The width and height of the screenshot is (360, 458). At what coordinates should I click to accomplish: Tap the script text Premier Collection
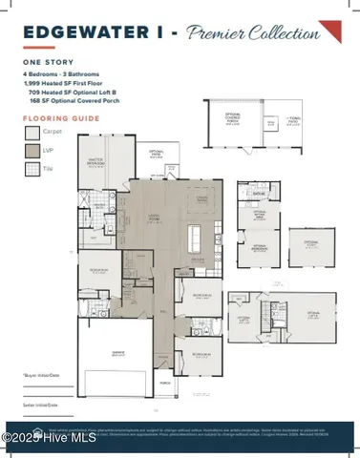pyautogui.click(x=254, y=34)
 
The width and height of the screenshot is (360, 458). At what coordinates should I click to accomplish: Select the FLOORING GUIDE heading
pyautogui.click(x=59, y=117)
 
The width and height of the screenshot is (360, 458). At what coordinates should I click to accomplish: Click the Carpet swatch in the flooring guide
pyautogui.click(x=31, y=134)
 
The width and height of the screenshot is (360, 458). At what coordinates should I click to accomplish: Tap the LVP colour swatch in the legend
pyautogui.click(x=31, y=151)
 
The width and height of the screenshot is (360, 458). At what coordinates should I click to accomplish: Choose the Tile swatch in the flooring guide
pyautogui.click(x=31, y=169)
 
